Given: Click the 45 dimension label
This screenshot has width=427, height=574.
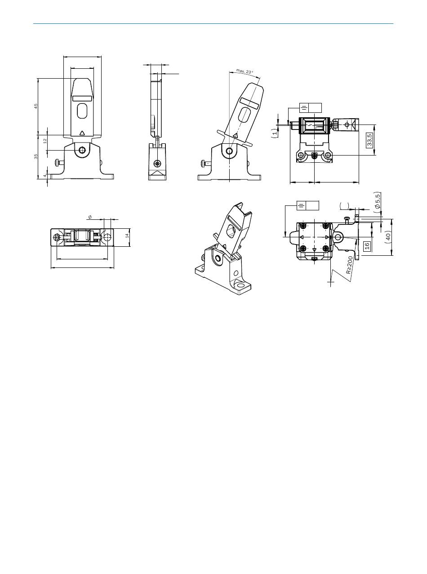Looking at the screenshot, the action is [x=36, y=107].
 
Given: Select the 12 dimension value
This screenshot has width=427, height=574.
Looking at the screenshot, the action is [x=45, y=141].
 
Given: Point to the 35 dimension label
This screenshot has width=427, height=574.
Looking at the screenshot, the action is [x=36, y=156].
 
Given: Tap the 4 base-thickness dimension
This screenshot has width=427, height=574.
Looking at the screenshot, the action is [x=45, y=176].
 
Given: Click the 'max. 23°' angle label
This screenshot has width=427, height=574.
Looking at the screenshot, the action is [x=245, y=71].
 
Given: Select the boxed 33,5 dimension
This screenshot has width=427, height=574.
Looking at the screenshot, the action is [x=370, y=140].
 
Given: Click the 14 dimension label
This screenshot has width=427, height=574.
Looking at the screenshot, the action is [x=127, y=236].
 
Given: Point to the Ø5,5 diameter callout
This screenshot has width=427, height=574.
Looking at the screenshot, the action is [x=378, y=203].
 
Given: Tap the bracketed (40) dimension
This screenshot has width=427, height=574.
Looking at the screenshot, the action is [x=388, y=237].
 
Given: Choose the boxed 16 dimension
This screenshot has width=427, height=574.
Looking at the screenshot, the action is [x=367, y=246].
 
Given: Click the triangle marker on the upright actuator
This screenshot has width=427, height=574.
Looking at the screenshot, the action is [x=82, y=133].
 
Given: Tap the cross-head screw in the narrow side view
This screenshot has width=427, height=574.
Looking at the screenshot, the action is [x=157, y=163].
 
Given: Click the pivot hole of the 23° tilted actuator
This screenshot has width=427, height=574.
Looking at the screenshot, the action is [x=229, y=151].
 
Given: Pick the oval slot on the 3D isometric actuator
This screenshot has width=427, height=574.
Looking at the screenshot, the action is [x=232, y=230].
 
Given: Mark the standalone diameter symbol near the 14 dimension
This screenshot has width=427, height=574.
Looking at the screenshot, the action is [x=90, y=217].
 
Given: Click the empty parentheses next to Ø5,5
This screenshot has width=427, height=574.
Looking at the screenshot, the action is [x=344, y=206].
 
